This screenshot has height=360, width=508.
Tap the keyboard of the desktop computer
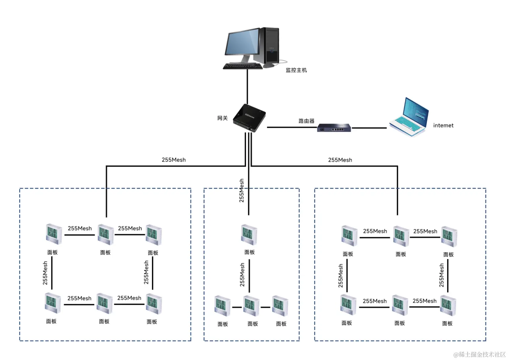[x=243, y=66]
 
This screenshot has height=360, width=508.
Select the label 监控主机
[x=296, y=70]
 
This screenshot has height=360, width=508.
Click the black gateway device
[x=249, y=118]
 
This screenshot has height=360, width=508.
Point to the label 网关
[x=222, y=118]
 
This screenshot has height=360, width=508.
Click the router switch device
[x=334, y=128]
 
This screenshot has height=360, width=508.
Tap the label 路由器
[x=306, y=121]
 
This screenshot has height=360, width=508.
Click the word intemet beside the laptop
[x=443, y=125]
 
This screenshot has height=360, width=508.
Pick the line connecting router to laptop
[x=369, y=128]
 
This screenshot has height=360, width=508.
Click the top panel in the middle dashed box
[x=249, y=235]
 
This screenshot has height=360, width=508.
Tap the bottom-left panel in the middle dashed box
[x=222, y=306]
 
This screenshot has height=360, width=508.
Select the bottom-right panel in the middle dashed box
[x=280, y=306]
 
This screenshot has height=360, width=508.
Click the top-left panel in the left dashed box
[x=54, y=234]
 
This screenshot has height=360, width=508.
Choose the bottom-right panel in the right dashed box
[x=448, y=306]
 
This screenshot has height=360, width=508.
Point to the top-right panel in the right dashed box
[x=449, y=236]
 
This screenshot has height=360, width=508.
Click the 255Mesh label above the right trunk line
[x=340, y=160]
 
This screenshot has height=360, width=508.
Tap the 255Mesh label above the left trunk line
[x=173, y=160]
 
